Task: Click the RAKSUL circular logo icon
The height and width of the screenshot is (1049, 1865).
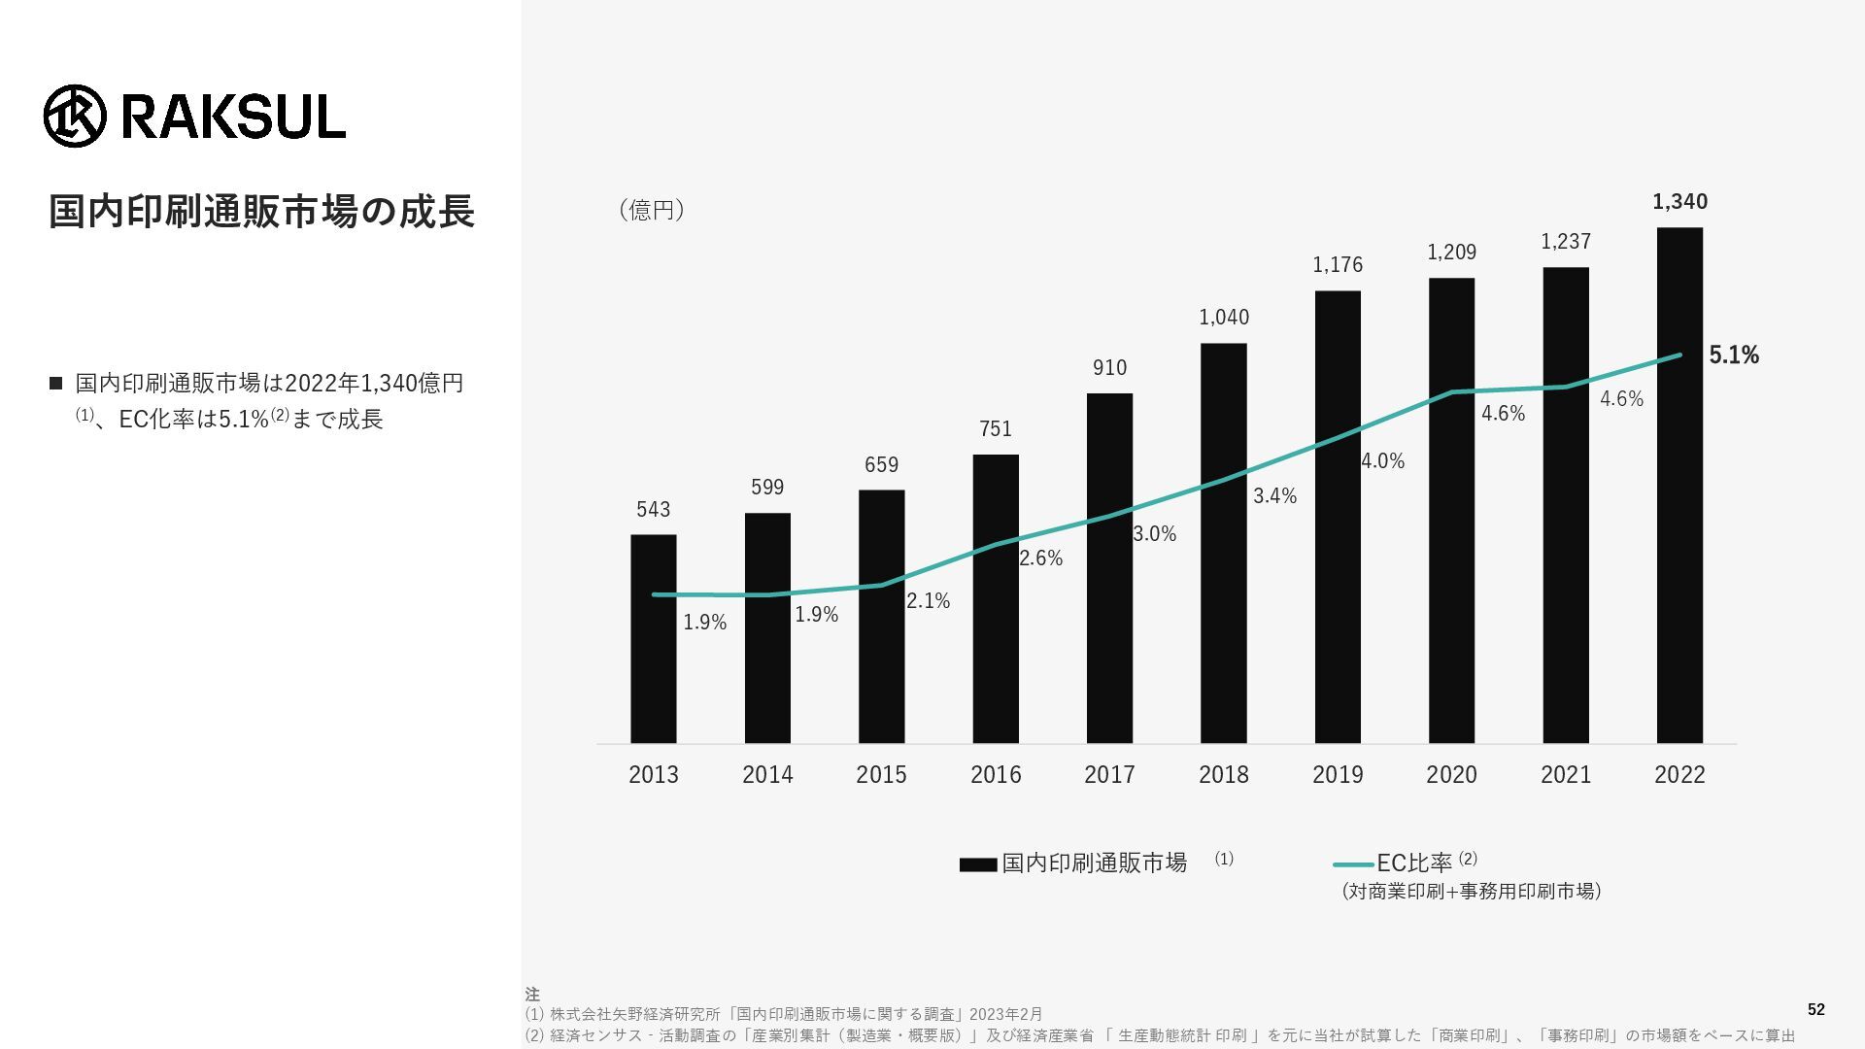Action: [75, 116]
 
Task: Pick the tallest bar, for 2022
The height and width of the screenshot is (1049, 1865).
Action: [1679, 486]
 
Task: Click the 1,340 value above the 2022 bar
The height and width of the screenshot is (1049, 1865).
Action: [1679, 202]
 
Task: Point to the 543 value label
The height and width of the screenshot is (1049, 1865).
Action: [654, 510]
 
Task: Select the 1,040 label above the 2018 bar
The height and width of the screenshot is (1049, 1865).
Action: [1224, 318]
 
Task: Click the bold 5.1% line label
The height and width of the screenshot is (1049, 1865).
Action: [1734, 355]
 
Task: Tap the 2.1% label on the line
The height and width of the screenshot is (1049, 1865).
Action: [928, 601]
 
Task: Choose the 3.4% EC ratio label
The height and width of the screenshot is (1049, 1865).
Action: [1274, 496]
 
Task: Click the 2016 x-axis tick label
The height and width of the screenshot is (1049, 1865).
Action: [996, 775]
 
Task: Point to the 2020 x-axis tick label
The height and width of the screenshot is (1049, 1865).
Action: [1451, 775]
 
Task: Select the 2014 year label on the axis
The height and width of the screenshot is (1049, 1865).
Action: [767, 775]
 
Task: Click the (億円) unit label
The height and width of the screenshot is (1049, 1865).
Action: [652, 211]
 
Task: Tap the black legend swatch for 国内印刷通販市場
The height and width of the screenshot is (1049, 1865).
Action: [978, 864]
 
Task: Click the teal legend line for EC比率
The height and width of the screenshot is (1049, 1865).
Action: [1353, 863]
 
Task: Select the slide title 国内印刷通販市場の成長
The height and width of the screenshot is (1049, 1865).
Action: [261, 212]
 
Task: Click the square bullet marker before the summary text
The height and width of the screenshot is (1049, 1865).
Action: [55, 384]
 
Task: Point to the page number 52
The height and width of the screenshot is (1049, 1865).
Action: [1815, 1010]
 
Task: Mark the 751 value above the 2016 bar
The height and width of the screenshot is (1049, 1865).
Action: [996, 429]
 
